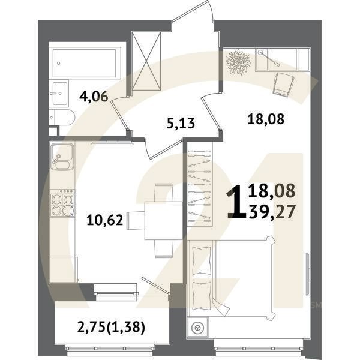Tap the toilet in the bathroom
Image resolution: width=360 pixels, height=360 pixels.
click(x=62, y=117)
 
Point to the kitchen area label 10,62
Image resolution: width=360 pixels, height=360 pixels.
click(x=106, y=220)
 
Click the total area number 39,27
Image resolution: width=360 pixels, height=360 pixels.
click(x=272, y=211)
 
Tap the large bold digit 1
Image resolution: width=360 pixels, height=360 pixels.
click(x=236, y=202)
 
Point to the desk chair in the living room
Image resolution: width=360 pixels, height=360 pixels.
click(x=282, y=83)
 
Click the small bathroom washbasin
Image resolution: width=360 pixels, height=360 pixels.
click(x=60, y=91)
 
